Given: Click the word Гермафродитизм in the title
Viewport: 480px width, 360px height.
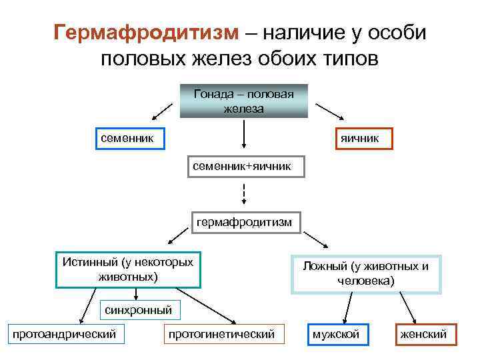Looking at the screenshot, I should pyautogui.click(x=146, y=32).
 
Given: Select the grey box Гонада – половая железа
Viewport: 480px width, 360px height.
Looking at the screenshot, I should pyautogui.click(x=244, y=101).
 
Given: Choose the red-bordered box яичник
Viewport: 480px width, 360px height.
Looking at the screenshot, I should pyautogui.click(x=359, y=138).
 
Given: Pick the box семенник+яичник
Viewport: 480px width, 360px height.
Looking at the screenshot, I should pyautogui.click(x=245, y=166).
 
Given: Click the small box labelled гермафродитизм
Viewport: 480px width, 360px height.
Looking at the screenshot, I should pyautogui.click(x=244, y=222).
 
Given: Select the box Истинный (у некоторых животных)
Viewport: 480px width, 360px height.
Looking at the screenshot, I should pyautogui.click(x=128, y=269).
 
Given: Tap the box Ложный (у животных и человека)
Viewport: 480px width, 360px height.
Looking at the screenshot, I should pyautogui.click(x=366, y=273).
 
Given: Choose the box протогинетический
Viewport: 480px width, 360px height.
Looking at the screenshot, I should pyautogui.click(x=222, y=333).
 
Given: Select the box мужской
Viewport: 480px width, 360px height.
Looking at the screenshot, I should pyautogui.click(x=335, y=334).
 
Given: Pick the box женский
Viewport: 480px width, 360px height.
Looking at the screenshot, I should pyautogui.click(x=423, y=334).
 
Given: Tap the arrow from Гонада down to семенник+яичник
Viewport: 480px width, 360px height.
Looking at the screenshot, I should pyautogui.click(x=244, y=134).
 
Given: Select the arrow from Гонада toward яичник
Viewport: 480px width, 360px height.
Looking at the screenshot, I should pyautogui.click(x=328, y=111).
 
